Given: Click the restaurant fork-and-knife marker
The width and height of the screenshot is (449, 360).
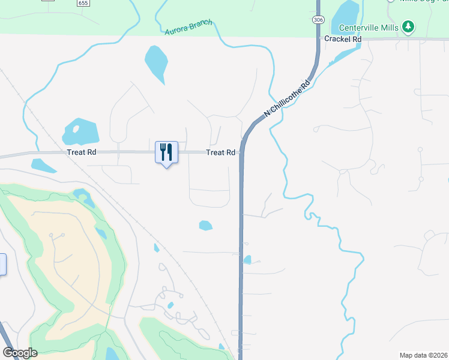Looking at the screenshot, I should (x=166, y=152).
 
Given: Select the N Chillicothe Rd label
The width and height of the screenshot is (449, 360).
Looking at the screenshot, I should (x=289, y=96).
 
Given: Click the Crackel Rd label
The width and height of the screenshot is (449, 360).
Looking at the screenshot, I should (x=342, y=38).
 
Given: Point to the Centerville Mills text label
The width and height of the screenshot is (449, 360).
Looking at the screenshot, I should (x=369, y=27).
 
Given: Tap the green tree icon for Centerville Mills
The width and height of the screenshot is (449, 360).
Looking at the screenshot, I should (x=408, y=26).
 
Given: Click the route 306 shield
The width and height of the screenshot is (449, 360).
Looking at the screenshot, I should (x=316, y=20).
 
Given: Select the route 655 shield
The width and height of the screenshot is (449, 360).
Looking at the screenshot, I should (x=83, y=3).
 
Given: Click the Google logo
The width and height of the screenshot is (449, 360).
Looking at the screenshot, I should (x=19, y=352).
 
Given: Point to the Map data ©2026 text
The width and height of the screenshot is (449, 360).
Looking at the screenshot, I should (x=423, y=355).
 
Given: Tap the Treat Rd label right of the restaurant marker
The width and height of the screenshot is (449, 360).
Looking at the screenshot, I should (x=220, y=153).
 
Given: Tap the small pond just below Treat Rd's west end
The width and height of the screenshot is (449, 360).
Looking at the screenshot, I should (x=43, y=165).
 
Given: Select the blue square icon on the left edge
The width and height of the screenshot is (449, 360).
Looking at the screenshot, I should (x=2, y=264).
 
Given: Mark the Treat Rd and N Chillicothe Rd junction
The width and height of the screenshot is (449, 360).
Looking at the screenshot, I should (x=242, y=152).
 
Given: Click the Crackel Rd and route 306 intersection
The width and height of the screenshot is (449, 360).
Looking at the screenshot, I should (x=318, y=39).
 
